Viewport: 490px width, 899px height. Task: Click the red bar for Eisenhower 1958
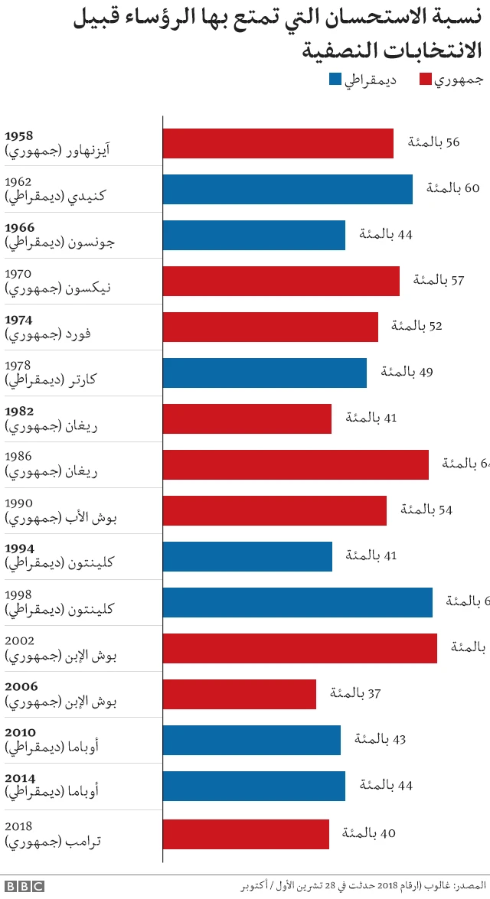tap(278, 143)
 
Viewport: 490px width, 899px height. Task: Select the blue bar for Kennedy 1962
tap(287, 189)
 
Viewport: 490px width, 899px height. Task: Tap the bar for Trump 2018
tap(246, 834)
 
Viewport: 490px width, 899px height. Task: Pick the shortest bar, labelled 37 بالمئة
tap(239, 694)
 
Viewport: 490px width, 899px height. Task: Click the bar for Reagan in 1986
tap(296, 464)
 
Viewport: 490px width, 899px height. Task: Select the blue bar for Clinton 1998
tap(297, 602)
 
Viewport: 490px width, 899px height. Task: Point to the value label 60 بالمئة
tap(452, 188)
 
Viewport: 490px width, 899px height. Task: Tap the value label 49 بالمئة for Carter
tap(407, 372)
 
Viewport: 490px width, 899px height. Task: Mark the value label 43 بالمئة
tap(380, 739)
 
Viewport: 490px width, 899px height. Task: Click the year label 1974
tap(19, 320)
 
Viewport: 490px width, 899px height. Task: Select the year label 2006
tap(21, 687)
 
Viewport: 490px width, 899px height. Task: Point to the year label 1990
tap(18, 503)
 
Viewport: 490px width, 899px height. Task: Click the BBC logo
tap(24, 886)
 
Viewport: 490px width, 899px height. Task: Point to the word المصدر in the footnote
tap(470, 886)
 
